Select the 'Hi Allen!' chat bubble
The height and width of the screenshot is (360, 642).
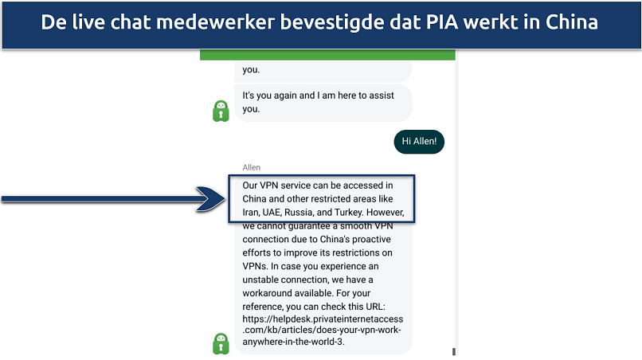[419, 142]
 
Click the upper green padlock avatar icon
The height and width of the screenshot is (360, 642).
[221, 112]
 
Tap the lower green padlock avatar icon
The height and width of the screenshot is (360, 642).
[221, 343]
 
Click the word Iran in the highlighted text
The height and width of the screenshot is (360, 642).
[254, 213]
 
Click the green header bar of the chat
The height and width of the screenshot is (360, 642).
[327, 56]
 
